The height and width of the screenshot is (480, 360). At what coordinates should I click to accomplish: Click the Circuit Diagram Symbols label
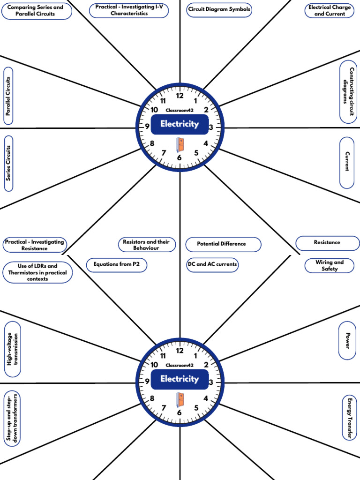click(219, 9)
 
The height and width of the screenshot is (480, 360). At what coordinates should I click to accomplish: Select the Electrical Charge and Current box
click(330, 10)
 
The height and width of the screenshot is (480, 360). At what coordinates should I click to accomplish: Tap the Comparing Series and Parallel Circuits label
click(37, 11)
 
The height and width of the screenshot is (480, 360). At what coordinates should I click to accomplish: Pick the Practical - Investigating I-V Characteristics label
click(128, 10)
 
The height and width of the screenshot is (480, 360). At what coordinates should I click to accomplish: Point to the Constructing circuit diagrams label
click(348, 92)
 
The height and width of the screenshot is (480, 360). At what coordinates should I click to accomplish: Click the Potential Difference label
click(222, 244)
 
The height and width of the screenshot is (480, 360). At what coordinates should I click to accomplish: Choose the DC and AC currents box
click(212, 264)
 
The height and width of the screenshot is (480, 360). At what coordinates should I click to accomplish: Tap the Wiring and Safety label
click(330, 266)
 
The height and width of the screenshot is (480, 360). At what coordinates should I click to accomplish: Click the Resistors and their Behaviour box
click(146, 245)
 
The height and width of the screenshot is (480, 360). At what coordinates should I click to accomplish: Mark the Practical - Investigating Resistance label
click(34, 245)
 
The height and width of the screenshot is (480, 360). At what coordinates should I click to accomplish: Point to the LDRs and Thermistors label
click(37, 272)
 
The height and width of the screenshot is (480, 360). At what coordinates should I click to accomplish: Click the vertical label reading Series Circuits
click(9, 164)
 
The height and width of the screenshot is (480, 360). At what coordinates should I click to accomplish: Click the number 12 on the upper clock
click(180, 96)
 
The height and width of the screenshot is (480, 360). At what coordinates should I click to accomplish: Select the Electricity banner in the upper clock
click(180, 124)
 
